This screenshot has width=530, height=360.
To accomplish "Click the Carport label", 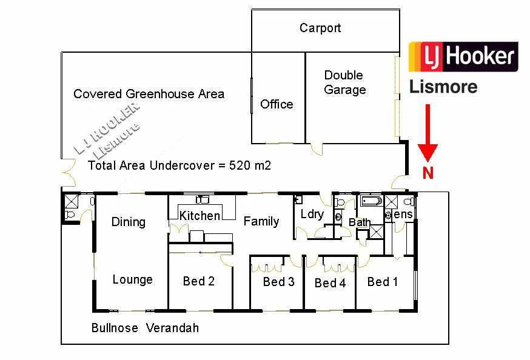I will pos(320,28).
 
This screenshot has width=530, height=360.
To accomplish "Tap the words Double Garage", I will pos(344,82).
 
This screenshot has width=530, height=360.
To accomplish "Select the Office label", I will pos(277,104).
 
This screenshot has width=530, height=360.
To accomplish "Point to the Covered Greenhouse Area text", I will pos(149,94).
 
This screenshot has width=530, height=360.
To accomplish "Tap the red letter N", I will pos(428,173).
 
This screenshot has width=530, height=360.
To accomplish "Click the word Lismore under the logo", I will pos(443,87).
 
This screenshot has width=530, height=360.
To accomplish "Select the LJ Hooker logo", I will pos(463,57).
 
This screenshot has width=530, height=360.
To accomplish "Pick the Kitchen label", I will pos(200,216).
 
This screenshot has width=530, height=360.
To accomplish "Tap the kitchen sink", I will pos(203,199).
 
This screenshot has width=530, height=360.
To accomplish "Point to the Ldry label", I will pos(312,214).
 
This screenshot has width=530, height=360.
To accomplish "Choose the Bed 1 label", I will pos(383,281).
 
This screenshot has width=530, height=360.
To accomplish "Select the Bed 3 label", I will pos(278,282).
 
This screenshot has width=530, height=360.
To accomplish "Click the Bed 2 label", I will pos(199,281).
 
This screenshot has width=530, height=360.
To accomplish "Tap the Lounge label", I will pos(132,279).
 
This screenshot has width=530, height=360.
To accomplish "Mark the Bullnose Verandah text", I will pos(145,328).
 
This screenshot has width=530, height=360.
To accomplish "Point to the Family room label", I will pos(261,221).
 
